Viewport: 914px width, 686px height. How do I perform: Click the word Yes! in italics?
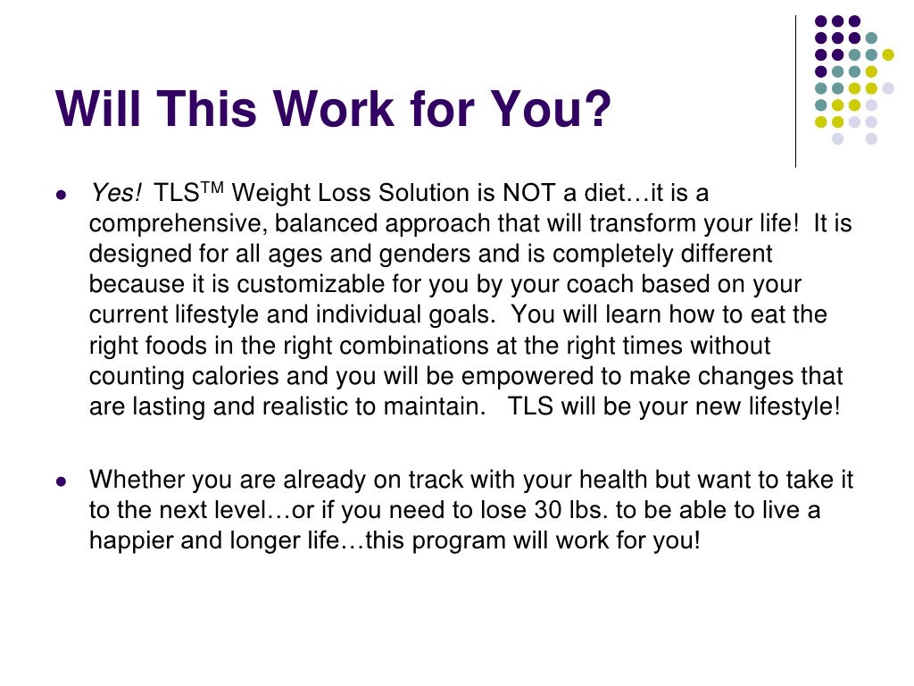[x=115, y=194]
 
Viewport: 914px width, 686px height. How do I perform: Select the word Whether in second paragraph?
[x=131, y=481]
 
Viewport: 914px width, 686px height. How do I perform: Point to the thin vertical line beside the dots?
[x=796, y=89]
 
